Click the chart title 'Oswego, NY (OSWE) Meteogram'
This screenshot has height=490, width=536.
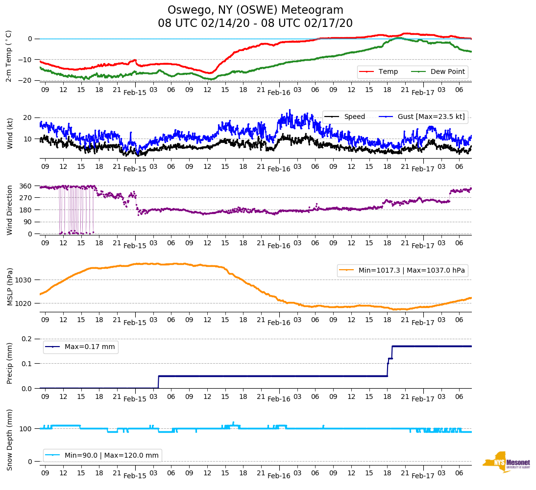coord(255,10)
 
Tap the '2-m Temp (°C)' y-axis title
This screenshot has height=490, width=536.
coord(8,55)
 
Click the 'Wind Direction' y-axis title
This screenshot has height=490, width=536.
coord(9,210)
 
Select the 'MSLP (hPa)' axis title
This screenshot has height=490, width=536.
coord(9,287)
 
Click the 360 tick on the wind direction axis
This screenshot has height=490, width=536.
coord(26,186)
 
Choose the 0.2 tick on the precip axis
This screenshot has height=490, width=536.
coord(27,339)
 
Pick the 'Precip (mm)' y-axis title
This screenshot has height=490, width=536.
coord(9,363)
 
